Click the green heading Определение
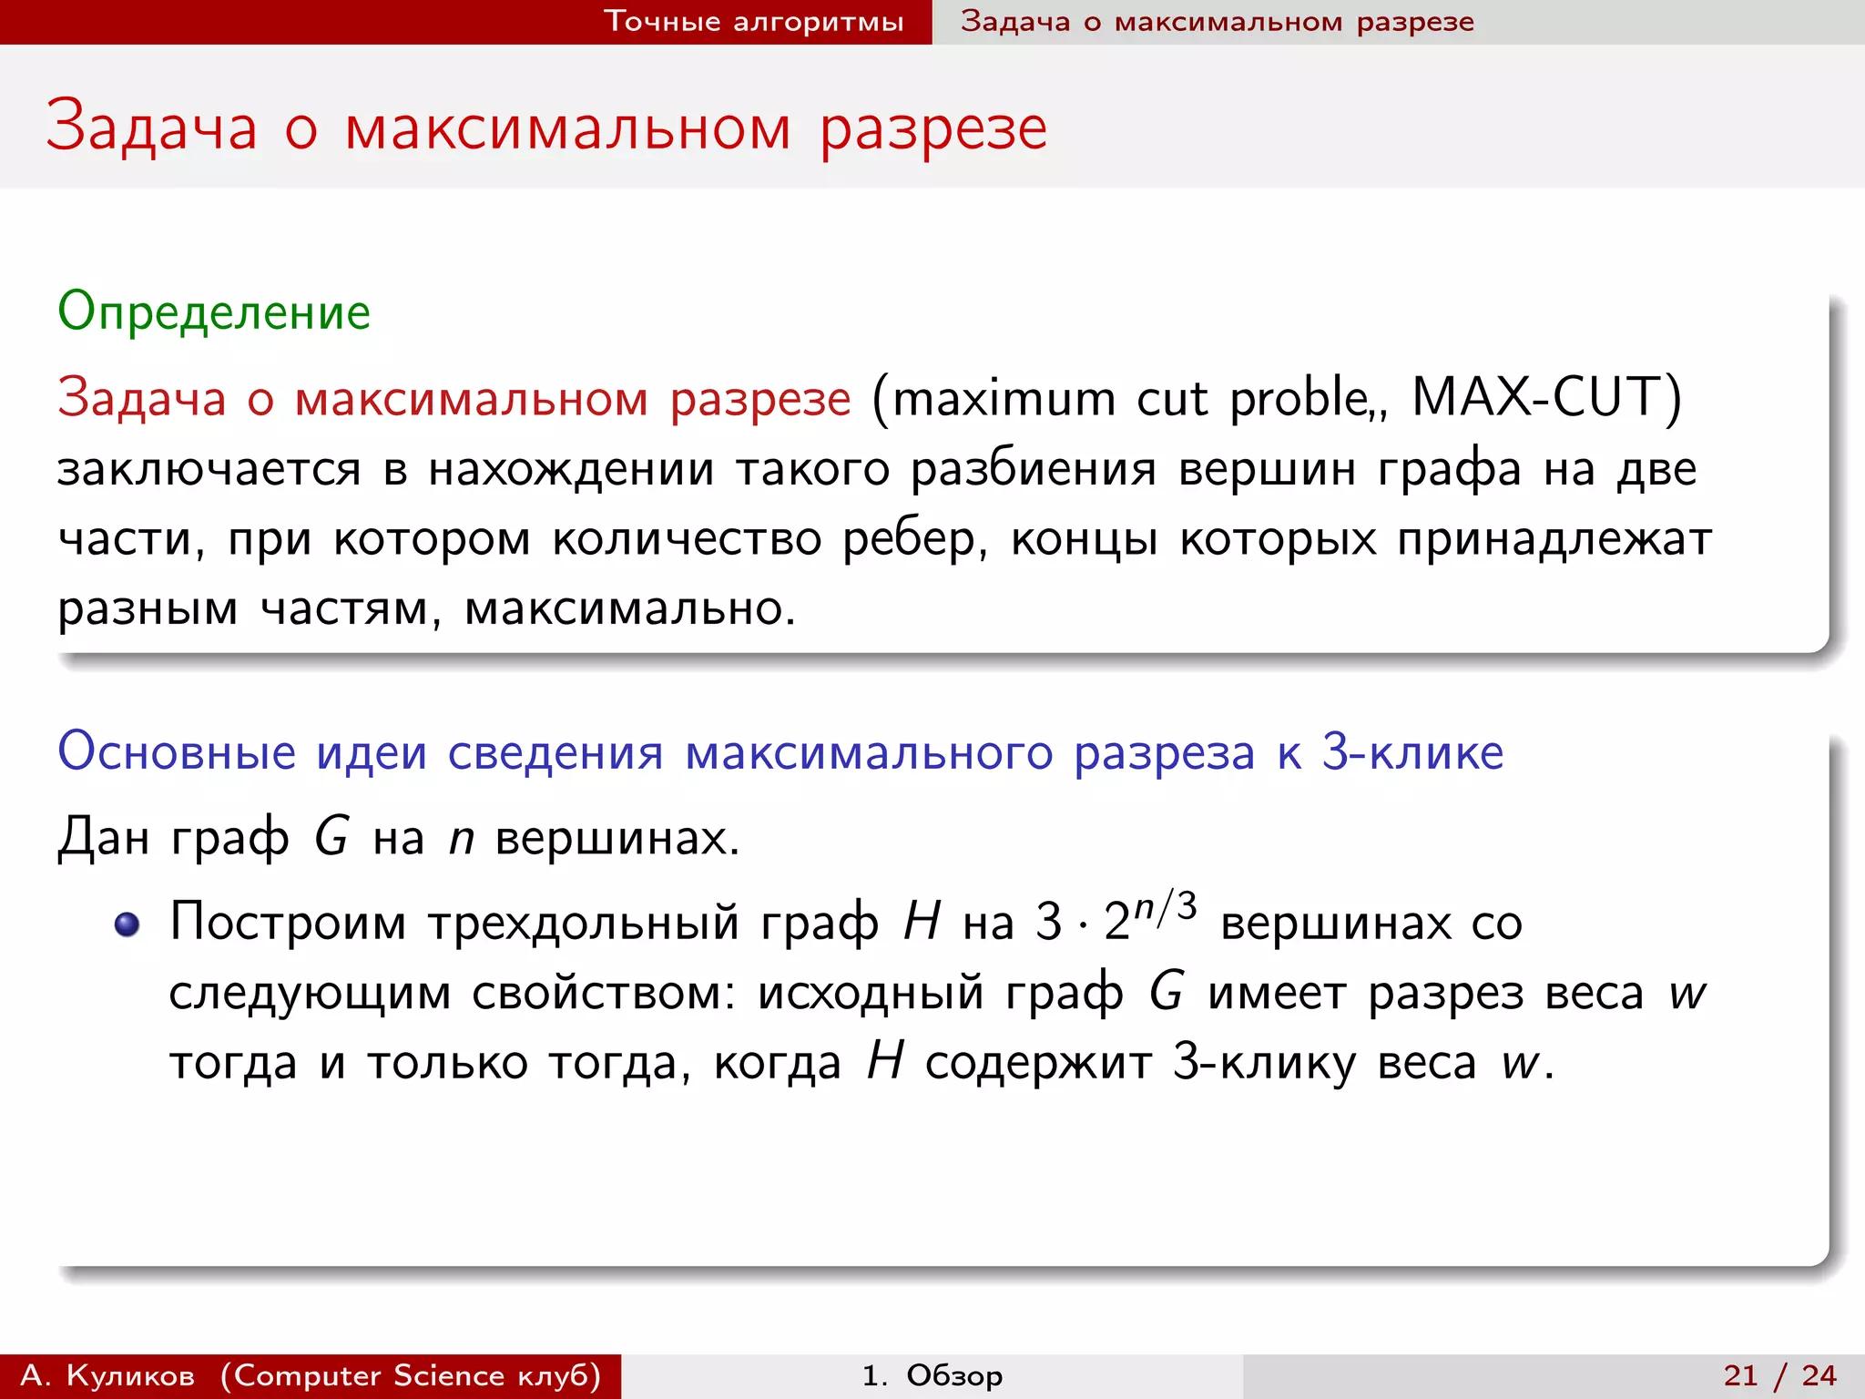pos(214,312)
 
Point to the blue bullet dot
pos(127,925)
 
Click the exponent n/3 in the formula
pos(1166,907)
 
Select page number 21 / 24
pos(1779,1375)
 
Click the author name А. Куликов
pos(107,1375)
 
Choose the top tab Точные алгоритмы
pos(754,21)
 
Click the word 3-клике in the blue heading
pos(1412,753)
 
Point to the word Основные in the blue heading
pos(178,753)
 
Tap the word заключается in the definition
pos(209,470)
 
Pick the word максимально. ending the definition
pos(630,608)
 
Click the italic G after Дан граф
pos(331,837)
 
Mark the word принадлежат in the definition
pos(1554,539)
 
